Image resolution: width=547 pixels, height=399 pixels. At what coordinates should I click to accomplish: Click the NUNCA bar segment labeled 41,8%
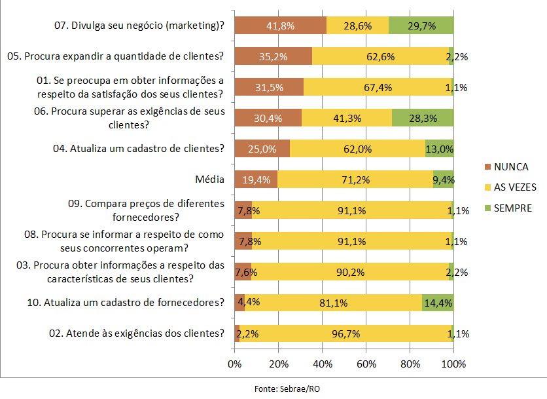(x=280, y=26)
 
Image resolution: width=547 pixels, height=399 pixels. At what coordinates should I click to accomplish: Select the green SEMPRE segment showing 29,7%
(x=421, y=26)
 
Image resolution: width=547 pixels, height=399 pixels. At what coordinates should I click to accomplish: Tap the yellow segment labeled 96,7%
(x=345, y=333)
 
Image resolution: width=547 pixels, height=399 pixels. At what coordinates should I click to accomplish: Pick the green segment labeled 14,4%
(x=438, y=303)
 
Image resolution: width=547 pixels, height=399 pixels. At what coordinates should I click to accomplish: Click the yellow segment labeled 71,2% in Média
(x=355, y=179)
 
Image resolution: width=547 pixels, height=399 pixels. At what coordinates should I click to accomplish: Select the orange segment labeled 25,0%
(x=262, y=149)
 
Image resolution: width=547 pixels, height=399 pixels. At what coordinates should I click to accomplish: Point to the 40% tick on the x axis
(x=323, y=364)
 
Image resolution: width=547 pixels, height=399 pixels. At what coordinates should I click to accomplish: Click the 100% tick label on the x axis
(x=453, y=364)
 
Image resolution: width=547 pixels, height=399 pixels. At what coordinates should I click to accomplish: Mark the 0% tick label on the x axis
(x=234, y=364)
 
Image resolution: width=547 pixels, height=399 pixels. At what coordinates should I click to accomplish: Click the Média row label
(x=209, y=179)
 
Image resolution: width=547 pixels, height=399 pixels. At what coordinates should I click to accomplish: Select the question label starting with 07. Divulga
(x=139, y=26)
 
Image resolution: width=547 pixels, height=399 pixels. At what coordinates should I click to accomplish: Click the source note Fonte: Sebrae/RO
(x=287, y=389)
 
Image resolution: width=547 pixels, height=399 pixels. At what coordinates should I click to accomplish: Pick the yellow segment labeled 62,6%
(x=381, y=56)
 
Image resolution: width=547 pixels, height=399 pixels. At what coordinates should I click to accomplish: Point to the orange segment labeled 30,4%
(x=268, y=118)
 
